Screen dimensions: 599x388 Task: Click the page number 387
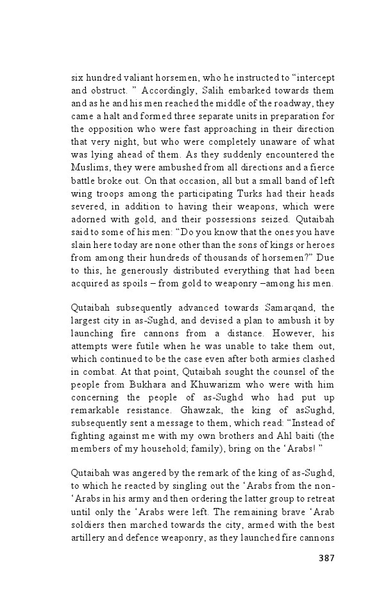pyautogui.click(x=326, y=557)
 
